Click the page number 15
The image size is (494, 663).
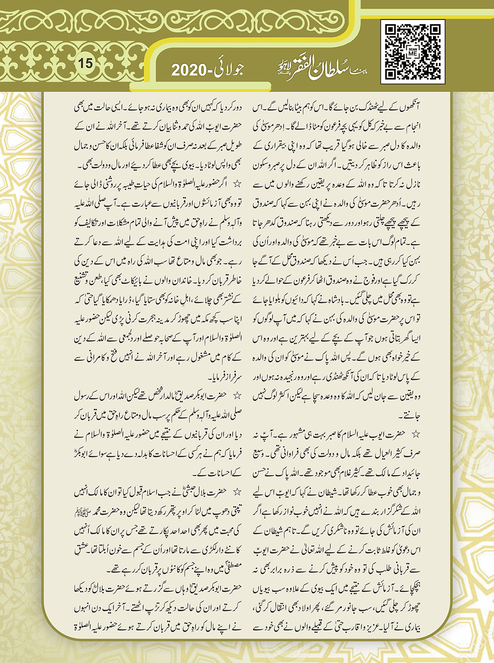[x=86, y=63]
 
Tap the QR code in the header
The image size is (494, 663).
[x=412, y=51]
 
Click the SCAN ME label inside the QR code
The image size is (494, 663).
[x=412, y=53]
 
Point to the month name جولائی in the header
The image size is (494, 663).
[x=230, y=69]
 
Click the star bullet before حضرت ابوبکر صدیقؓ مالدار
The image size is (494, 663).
[x=236, y=396]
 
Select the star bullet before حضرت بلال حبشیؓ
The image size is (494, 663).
[x=236, y=492]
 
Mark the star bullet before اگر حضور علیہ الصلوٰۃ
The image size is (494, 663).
[x=236, y=184]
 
